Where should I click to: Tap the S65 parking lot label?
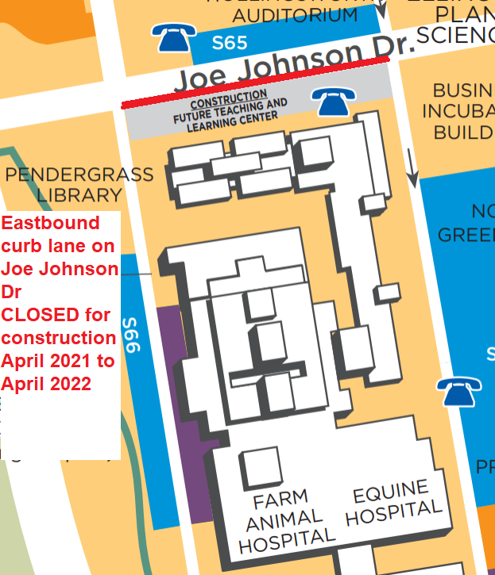point(229,43)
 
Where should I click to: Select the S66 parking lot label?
point(131,336)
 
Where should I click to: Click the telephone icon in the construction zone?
point(328,100)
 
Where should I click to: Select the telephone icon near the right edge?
point(458,391)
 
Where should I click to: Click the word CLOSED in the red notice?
point(40,315)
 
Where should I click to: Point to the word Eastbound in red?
point(51,223)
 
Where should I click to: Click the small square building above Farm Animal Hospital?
point(262,468)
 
